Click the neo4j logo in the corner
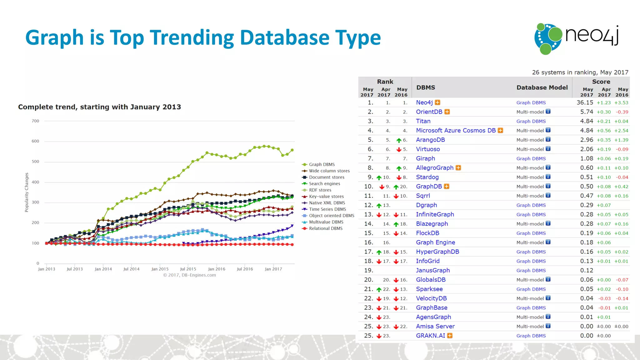[577, 38]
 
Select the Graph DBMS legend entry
[322, 164]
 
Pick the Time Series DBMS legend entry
[327, 209]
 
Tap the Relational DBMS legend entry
[325, 228]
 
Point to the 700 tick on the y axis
[35, 121]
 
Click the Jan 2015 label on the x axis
[160, 269]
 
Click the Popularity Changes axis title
[27, 192]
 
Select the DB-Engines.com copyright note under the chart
[189, 275]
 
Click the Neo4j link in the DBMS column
[424, 102]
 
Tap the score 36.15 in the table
[584, 102]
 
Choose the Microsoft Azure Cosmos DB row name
[456, 131]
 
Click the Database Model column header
[542, 87]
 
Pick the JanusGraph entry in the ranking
[432, 270]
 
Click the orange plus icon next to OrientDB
[447, 112]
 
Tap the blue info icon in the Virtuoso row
[548, 149]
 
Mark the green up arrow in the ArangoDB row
[399, 140]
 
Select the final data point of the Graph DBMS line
[292, 150]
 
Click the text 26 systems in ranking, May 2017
[580, 72]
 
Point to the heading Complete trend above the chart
[99, 107]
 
